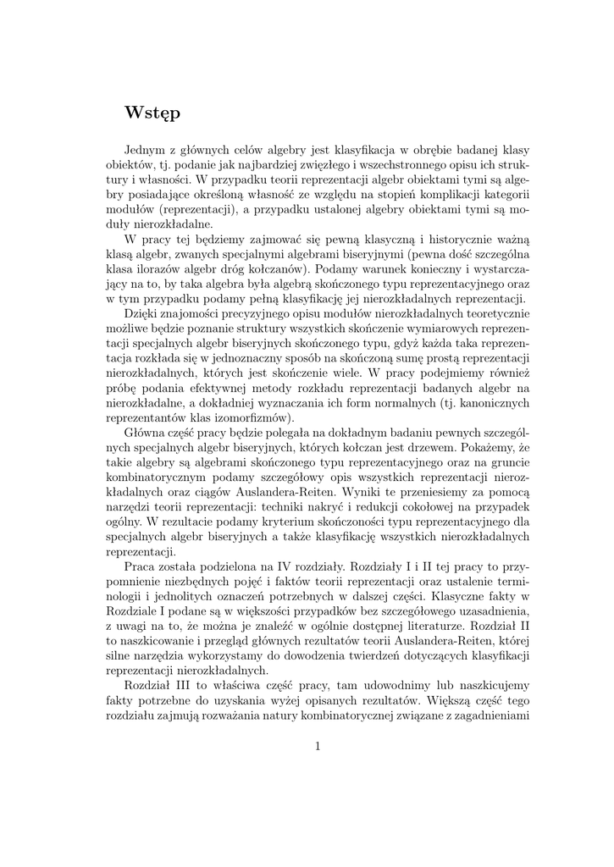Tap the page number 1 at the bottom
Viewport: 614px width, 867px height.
click(318, 746)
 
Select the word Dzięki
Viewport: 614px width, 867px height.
click(143, 314)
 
